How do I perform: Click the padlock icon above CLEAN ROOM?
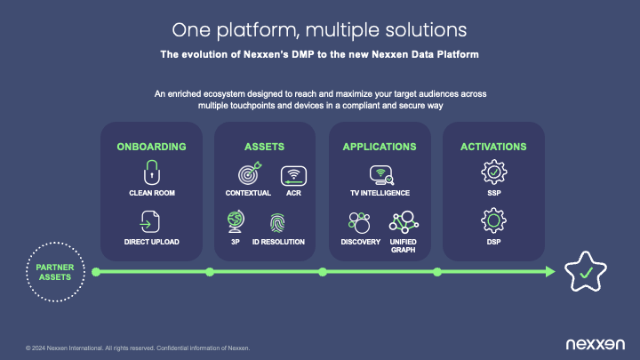(x=152, y=172)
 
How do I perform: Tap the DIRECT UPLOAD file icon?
(x=150, y=221)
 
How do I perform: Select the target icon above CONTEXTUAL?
(x=250, y=173)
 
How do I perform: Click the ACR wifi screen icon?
(x=293, y=176)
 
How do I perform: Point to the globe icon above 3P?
(x=236, y=221)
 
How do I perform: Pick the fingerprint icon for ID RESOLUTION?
(x=277, y=223)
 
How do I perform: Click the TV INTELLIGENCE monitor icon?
(x=381, y=175)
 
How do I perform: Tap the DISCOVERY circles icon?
(x=359, y=222)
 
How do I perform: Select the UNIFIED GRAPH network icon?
(x=404, y=222)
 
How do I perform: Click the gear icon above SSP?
(x=494, y=172)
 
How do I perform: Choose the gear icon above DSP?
(x=493, y=220)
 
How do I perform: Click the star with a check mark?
(x=586, y=271)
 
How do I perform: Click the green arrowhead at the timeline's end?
(x=550, y=272)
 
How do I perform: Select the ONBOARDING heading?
(x=151, y=147)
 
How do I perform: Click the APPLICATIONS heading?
(x=380, y=147)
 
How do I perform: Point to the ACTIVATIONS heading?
(x=493, y=147)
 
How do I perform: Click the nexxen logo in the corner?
(x=595, y=344)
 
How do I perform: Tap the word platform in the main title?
(x=258, y=30)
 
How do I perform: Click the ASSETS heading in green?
(x=265, y=147)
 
